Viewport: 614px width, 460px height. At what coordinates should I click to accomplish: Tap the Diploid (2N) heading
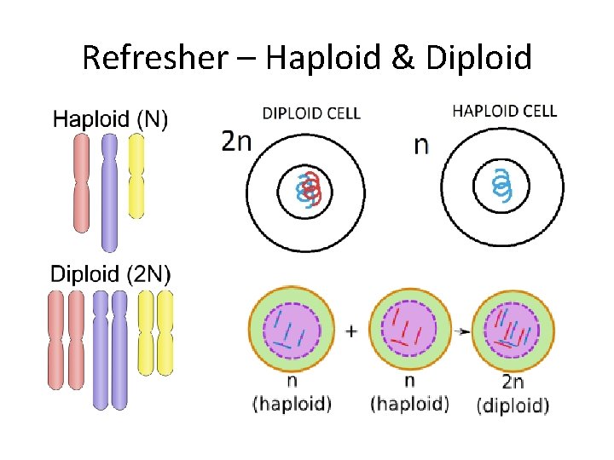[111, 274]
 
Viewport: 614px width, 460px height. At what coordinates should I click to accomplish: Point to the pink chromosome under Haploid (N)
[81, 183]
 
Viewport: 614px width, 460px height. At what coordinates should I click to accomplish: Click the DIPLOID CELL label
[310, 112]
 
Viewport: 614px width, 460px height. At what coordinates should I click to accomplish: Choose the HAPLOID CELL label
[504, 111]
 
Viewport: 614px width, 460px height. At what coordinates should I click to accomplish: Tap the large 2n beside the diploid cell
[237, 141]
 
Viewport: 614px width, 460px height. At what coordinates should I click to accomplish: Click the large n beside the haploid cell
[421, 145]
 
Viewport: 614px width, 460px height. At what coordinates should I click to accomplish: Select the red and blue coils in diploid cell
[308, 189]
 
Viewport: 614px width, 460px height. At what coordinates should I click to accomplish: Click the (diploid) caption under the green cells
[513, 405]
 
